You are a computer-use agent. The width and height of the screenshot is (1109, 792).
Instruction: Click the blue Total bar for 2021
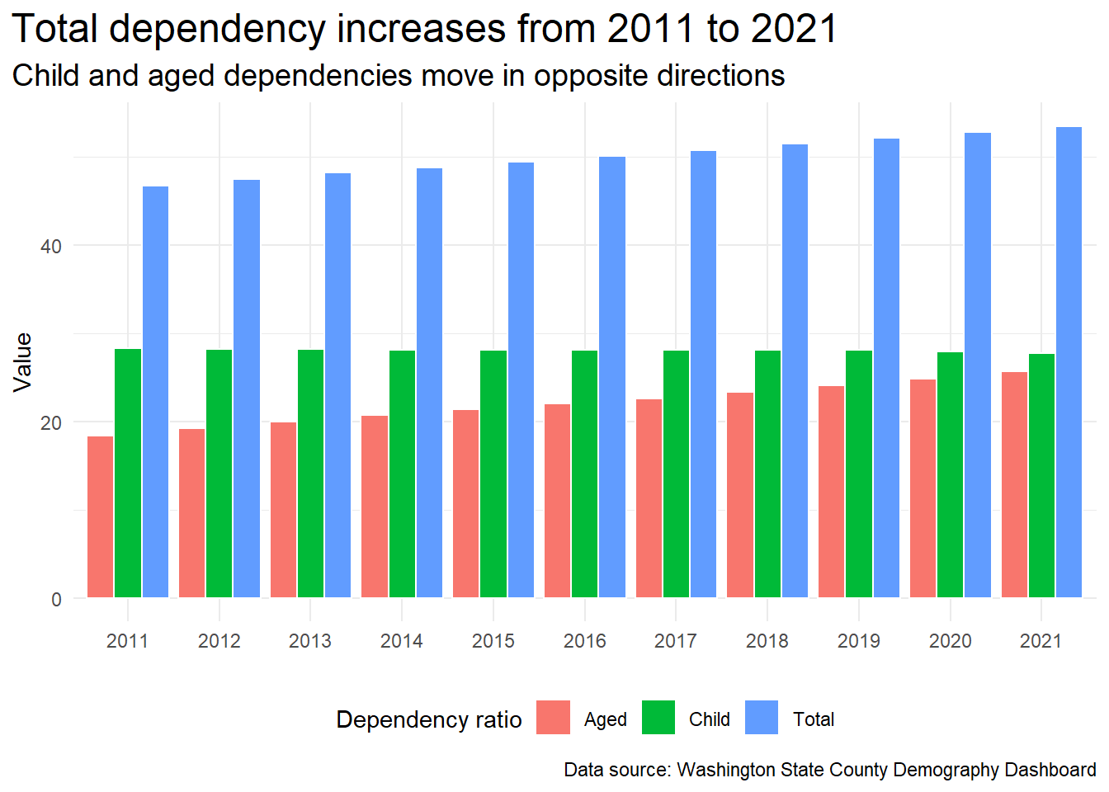coord(1069,362)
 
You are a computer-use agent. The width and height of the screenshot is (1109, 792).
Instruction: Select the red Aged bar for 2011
coord(101,516)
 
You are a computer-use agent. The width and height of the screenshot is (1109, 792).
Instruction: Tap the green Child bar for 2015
coord(493,474)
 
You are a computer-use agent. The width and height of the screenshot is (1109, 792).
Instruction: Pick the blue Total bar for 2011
coord(155,392)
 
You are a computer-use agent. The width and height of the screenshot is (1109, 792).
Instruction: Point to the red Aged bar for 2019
coord(832,492)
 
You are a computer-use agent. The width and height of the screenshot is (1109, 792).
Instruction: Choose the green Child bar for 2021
coord(1041,476)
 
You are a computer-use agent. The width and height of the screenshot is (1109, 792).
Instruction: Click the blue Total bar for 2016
coord(612,377)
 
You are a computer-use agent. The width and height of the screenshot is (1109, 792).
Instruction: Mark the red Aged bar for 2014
coord(375,507)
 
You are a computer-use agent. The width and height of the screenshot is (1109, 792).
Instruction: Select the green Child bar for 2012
coord(219,474)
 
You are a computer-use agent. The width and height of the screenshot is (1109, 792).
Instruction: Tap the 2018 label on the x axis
coord(767,641)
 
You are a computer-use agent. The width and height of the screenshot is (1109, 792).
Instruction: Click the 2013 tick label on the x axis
coord(310,641)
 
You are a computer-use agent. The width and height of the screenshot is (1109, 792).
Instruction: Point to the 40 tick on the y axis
coord(51,246)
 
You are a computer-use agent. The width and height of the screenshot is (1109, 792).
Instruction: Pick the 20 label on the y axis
coord(51,423)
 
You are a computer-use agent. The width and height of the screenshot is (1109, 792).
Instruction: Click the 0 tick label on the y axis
coord(56,600)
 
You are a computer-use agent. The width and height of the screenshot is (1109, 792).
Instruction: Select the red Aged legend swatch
coord(553,717)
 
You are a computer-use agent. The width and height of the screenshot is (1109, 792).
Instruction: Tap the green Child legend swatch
coord(658,717)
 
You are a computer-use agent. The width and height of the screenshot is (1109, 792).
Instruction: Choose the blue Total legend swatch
coord(762,717)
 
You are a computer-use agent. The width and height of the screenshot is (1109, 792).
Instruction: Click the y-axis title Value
coord(22,363)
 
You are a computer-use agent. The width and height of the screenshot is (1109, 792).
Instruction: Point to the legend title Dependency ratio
coord(429,719)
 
